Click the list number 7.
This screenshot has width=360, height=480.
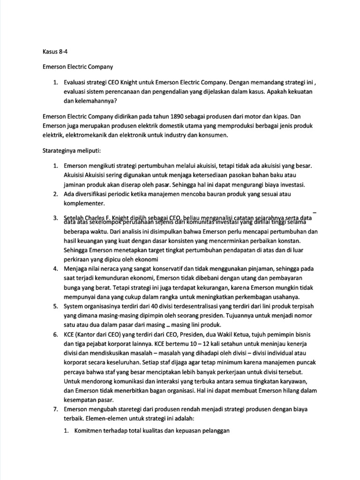point(54,409)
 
